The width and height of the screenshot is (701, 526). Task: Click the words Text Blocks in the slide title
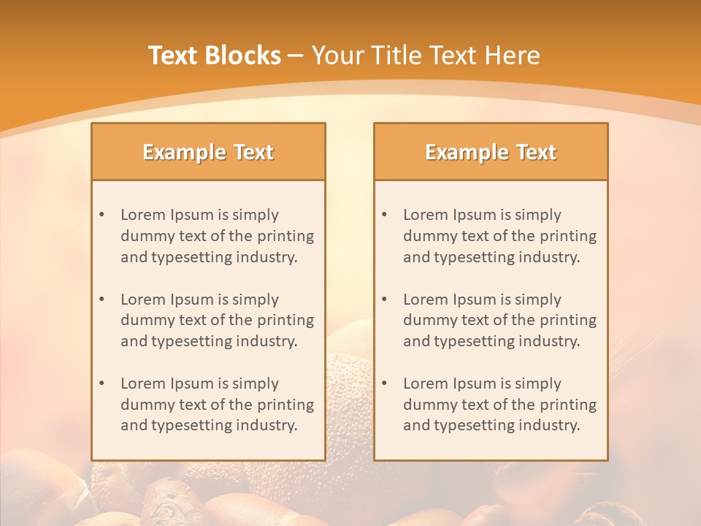coord(215,56)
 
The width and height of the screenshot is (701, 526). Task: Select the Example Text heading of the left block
coord(208,152)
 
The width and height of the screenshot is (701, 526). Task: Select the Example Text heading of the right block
coord(491,152)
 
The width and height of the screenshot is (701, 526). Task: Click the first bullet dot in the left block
coord(101,215)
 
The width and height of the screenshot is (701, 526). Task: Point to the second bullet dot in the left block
coord(101,300)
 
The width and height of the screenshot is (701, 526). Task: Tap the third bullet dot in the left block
coord(101,384)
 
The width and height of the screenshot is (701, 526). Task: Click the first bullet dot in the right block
coord(384,215)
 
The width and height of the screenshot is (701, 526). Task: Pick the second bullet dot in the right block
coord(384,300)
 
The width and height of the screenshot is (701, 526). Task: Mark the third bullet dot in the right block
coord(384,384)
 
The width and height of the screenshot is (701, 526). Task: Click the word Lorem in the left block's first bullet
coord(143,215)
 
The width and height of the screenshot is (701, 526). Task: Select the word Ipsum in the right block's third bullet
coord(476,384)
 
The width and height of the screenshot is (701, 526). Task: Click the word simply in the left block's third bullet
coord(256,384)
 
